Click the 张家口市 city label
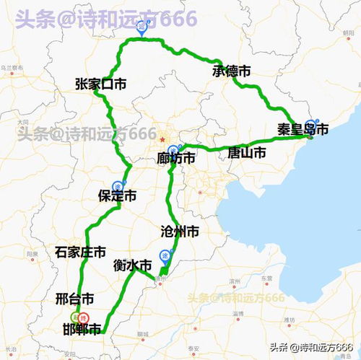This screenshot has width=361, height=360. pos(100,84)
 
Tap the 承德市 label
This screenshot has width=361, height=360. pos(231,71)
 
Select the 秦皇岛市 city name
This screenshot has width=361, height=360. pos(303,130)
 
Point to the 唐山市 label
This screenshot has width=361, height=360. pos(246,153)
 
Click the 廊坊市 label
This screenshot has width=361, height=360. pos(176,159)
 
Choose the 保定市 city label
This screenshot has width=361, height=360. pos(117,196)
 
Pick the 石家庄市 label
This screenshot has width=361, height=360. pos(80,253)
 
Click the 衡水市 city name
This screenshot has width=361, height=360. pos(133,265)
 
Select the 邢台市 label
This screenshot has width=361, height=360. pos(74,299)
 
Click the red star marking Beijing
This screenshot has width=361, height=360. pos(163,139)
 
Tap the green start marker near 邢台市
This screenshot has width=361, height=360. pos(74,317)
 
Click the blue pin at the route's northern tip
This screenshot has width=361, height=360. pos(142,27)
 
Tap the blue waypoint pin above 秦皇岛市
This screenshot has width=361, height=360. pos(311,124)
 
